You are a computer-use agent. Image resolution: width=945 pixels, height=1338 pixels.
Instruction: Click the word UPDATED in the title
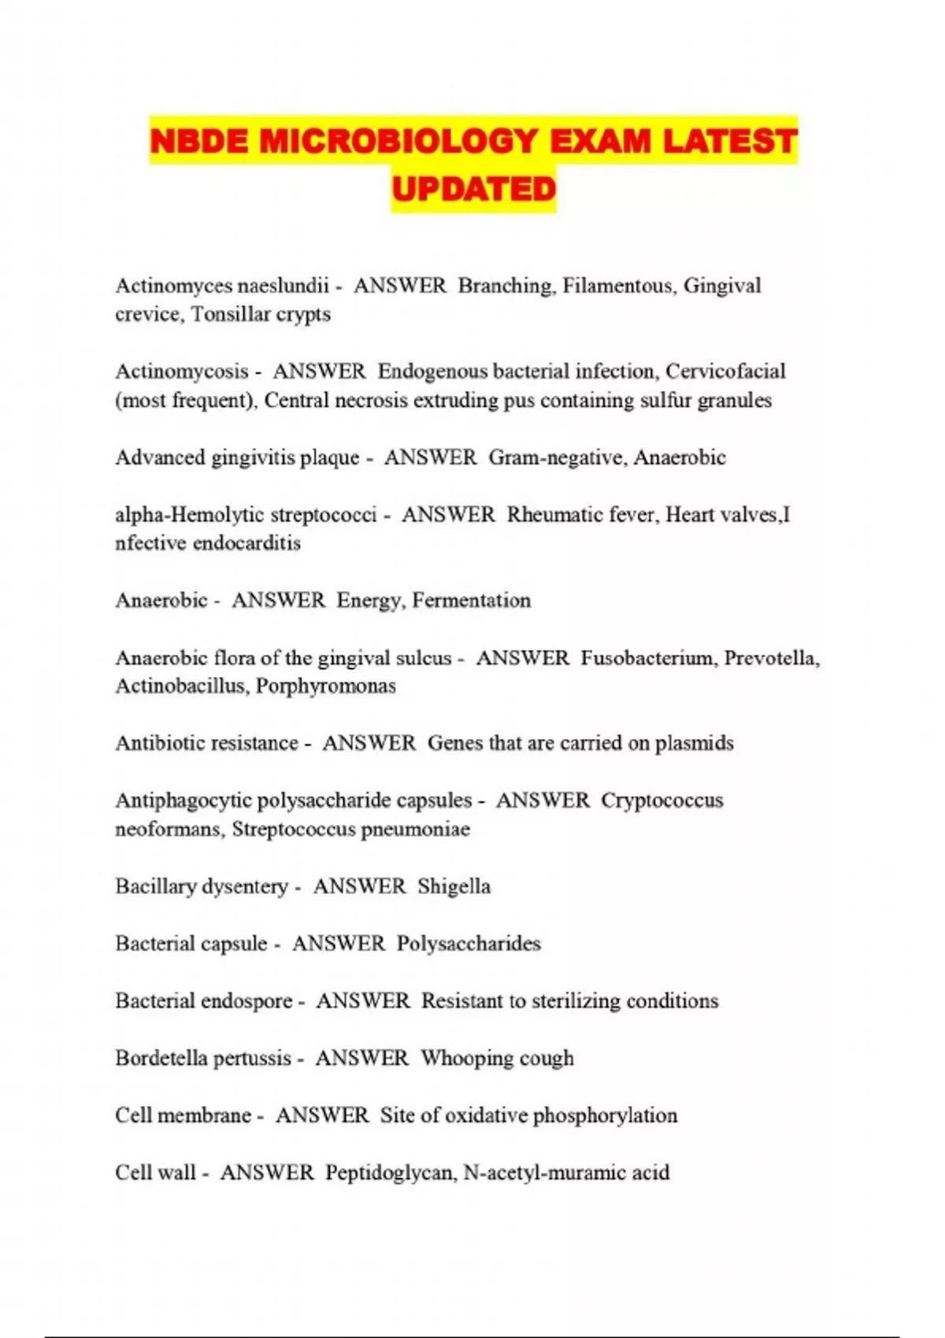click(473, 189)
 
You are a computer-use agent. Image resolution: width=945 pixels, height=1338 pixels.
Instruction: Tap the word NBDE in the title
click(198, 142)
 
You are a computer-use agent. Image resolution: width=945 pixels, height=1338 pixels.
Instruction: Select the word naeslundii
click(283, 286)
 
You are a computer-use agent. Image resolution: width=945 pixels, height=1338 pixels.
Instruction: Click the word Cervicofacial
click(725, 371)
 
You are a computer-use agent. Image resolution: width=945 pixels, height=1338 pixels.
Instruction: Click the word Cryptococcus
click(661, 800)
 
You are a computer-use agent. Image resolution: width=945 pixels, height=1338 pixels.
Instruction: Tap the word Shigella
click(454, 887)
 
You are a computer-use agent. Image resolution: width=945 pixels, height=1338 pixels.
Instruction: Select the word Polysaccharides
click(469, 944)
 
